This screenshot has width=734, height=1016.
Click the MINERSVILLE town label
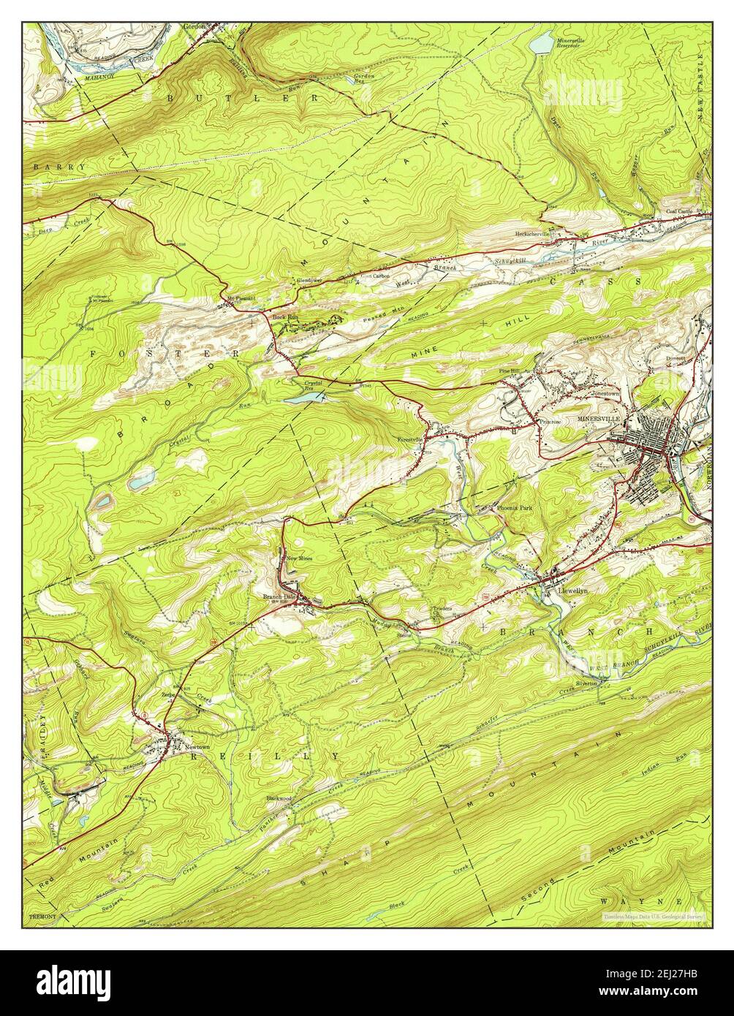(598, 419)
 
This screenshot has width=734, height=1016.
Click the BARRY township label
(59, 167)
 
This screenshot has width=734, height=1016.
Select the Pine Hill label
(509, 372)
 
